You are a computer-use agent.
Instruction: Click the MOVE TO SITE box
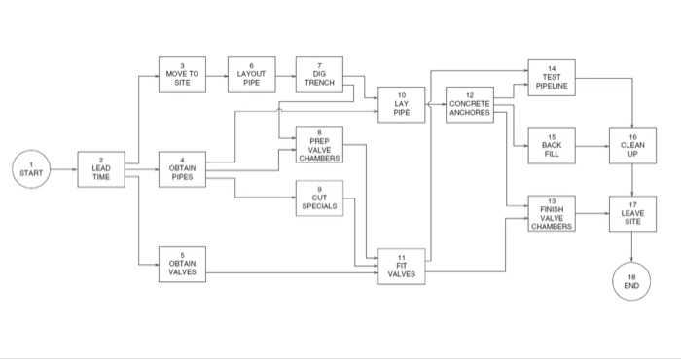pyautogui.click(x=182, y=74)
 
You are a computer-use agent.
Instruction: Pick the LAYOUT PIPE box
pyautogui.click(x=251, y=74)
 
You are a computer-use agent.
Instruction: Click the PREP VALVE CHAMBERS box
pyautogui.click(x=319, y=146)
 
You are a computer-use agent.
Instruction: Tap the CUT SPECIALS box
pyautogui.click(x=319, y=199)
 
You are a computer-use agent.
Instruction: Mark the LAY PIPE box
pyautogui.click(x=402, y=104)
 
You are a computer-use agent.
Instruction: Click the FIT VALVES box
pyautogui.click(x=402, y=266)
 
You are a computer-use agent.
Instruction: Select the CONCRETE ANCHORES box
pyautogui.click(x=469, y=104)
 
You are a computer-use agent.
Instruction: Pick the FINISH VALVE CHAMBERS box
pyautogui.click(x=552, y=213)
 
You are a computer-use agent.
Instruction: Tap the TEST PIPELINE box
pyautogui.click(x=552, y=78)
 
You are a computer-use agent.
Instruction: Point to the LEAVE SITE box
pyautogui.click(x=632, y=213)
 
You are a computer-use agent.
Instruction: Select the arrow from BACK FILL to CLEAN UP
pyautogui.click(x=591, y=146)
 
